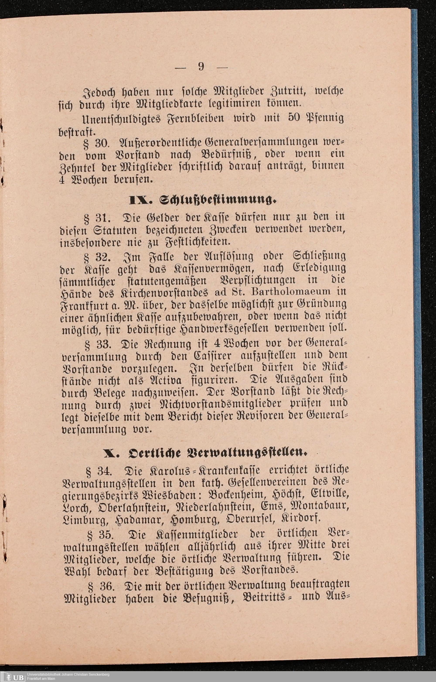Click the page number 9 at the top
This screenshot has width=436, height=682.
(201, 67)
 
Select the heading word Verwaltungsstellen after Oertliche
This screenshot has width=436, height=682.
(245, 452)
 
